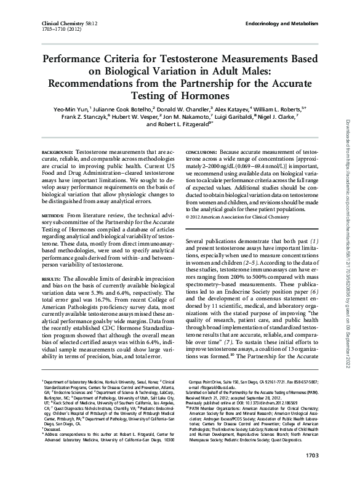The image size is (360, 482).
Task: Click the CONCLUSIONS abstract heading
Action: pyautogui.click(x=200, y=151)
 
